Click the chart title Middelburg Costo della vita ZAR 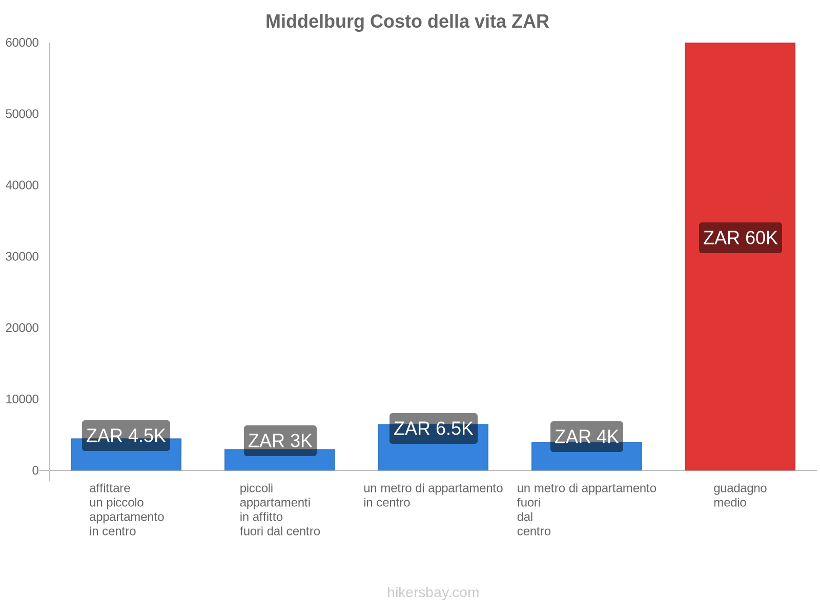[x=407, y=22]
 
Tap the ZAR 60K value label [x=740, y=238]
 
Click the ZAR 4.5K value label [x=126, y=436]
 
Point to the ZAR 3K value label [x=280, y=441]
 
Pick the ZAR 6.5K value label [x=433, y=428]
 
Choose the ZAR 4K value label [x=586, y=437]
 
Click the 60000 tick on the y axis [x=23, y=43]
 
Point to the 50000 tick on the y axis [x=23, y=114]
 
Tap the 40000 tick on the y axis [x=23, y=186]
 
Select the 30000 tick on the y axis [x=23, y=257]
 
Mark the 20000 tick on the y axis [x=23, y=328]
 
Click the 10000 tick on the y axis [x=23, y=399]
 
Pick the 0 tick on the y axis [x=35, y=470]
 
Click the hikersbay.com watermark [x=433, y=592]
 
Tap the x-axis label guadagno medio [x=740, y=495]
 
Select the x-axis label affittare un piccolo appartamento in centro [x=126, y=509]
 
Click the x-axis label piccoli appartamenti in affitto [x=279, y=509]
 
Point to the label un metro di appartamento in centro [x=433, y=495]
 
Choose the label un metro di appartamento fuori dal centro [x=586, y=509]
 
